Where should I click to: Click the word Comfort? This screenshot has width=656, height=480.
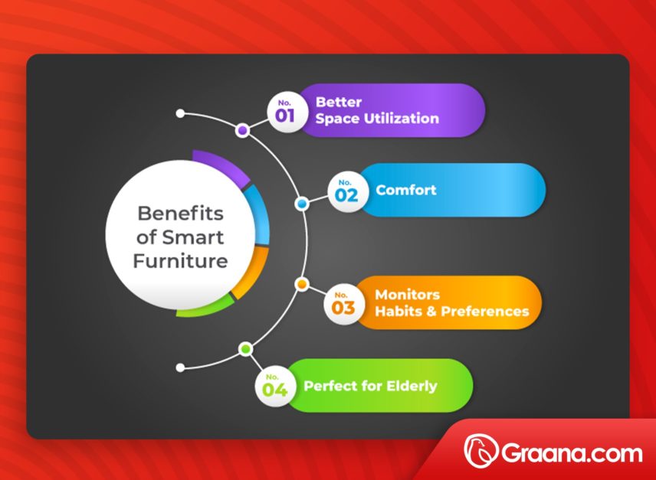tap(406, 190)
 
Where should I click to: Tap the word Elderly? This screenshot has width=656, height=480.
tap(412, 386)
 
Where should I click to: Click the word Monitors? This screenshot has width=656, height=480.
tap(407, 295)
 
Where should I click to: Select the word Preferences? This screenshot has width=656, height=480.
tap(484, 312)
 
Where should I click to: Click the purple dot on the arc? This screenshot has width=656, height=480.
tap(243, 131)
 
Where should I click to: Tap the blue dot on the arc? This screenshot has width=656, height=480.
tap(302, 204)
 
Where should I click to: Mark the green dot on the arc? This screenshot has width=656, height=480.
tap(245, 349)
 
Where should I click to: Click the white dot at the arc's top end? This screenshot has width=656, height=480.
tap(180, 113)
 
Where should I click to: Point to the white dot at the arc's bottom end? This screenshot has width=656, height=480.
tap(180, 367)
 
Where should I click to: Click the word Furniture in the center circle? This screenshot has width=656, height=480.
tap(181, 261)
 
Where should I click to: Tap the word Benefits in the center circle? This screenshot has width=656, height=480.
tap(181, 212)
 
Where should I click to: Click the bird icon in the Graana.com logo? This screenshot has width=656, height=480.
tap(481, 452)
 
